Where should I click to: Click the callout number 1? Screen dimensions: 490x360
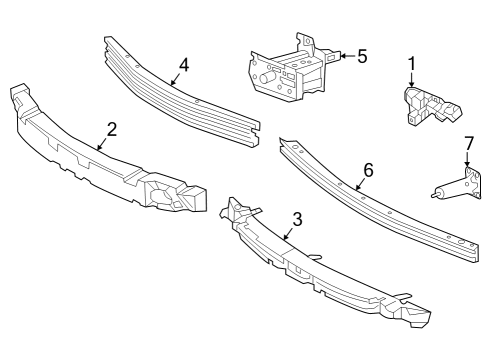(x=410, y=65)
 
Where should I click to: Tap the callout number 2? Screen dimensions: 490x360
(x=111, y=128)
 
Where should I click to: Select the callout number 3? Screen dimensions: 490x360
(x=297, y=218)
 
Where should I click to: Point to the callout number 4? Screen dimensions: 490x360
(x=183, y=66)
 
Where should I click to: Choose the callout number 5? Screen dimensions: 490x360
(x=361, y=56)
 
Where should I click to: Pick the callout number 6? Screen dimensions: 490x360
(x=368, y=170)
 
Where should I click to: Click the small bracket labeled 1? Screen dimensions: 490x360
(x=425, y=106)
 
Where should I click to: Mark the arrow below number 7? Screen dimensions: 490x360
(x=467, y=170)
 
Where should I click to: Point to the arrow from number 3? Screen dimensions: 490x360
(x=287, y=232)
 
